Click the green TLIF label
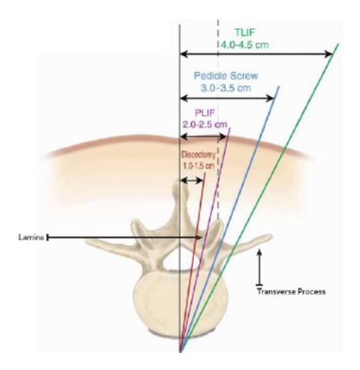(x=245, y=32)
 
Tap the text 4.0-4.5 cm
(x=245, y=45)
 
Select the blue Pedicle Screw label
(x=226, y=76)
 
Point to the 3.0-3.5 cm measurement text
(x=226, y=87)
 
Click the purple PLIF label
(x=205, y=112)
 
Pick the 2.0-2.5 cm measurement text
(x=205, y=124)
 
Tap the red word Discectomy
(x=198, y=155)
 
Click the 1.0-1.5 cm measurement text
(x=198, y=166)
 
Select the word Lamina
(x=31, y=238)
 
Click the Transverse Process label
(x=292, y=291)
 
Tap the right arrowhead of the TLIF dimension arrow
(x=329, y=54)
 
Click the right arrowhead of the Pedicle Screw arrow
(x=270, y=99)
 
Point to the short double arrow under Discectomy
(x=191, y=181)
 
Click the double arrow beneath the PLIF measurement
(x=202, y=137)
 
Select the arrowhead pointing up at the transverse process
(x=260, y=252)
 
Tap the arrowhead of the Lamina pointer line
(x=199, y=238)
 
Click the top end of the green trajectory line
(x=338, y=44)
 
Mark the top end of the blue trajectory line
(x=279, y=86)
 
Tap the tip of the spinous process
(x=178, y=181)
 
